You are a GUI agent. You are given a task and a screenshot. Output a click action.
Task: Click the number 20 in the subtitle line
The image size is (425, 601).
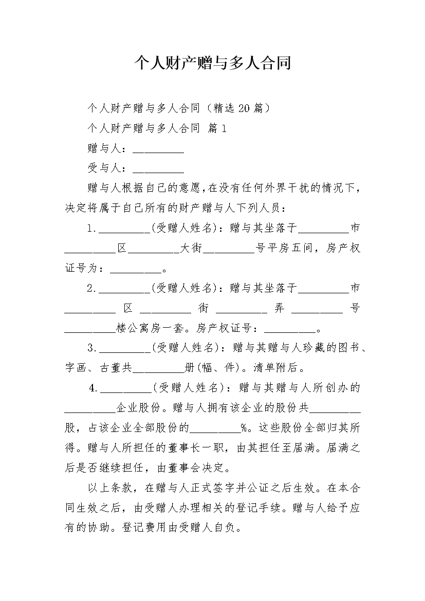coord(244,108)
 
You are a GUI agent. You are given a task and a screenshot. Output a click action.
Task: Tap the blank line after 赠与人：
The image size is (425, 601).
coord(158,153)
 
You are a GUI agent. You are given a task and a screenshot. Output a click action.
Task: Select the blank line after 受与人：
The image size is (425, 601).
coord(158,173)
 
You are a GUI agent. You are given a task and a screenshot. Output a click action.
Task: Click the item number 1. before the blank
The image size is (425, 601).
coord(91,229)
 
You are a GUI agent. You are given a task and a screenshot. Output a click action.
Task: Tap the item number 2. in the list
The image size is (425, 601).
coord(91,288)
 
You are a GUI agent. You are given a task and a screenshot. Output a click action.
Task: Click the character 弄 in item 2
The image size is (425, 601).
coord(279,308)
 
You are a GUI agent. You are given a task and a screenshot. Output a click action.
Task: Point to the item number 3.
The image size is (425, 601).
coord(91,348)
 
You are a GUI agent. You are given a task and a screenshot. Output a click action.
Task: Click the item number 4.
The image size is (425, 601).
coord(93,388)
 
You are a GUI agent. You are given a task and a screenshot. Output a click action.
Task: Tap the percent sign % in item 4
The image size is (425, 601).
coord(244,428)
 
